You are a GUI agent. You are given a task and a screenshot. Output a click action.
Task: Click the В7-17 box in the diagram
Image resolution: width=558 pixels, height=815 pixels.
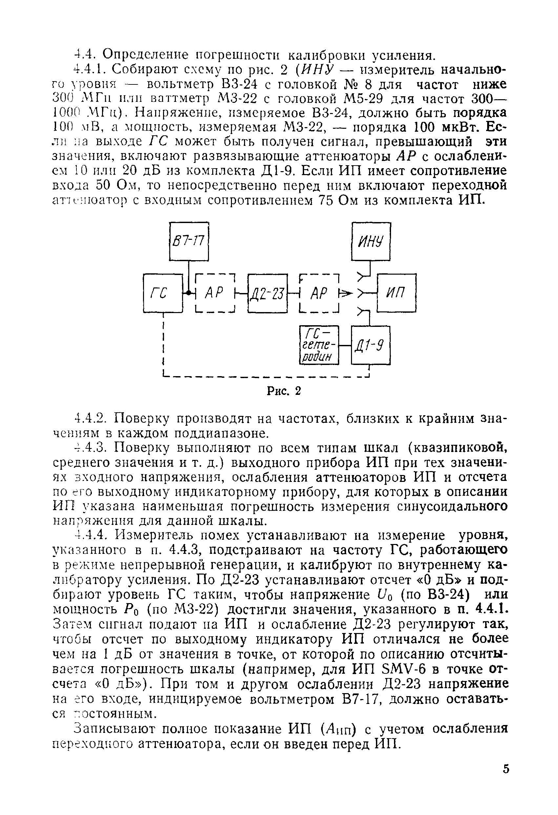(189, 241)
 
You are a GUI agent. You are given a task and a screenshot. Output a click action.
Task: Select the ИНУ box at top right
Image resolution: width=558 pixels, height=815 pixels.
(371, 241)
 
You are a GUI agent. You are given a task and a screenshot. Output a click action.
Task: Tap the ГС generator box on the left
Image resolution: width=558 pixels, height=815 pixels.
(163, 293)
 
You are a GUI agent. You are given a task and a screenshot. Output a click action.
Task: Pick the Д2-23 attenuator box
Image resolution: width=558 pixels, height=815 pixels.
(267, 293)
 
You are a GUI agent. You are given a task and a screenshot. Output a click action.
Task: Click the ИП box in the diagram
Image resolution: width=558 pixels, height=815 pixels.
(397, 293)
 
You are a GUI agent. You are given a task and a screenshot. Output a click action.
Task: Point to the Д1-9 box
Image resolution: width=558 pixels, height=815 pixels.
(371, 346)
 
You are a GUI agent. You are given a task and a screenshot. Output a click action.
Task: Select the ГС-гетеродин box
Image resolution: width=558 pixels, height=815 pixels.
(319, 346)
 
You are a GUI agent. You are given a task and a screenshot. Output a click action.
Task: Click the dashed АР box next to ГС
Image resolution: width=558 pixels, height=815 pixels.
(214, 293)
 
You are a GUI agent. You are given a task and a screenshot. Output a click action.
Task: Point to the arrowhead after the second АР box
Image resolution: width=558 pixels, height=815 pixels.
(346, 292)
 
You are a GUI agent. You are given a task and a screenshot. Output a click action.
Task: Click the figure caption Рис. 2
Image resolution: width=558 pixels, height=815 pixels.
(284, 391)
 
